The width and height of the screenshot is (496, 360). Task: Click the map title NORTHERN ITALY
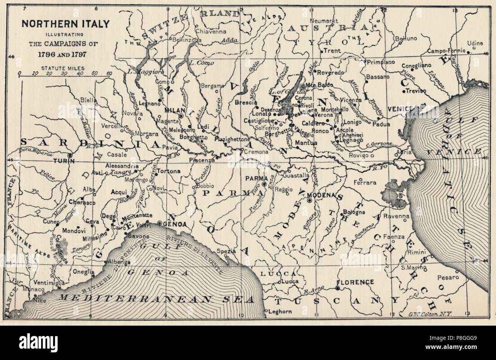(x=65, y=24)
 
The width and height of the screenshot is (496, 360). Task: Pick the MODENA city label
(x=323, y=195)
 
